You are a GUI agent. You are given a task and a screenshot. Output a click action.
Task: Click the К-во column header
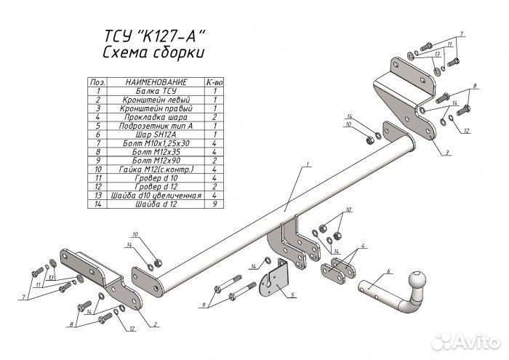(x=215, y=83)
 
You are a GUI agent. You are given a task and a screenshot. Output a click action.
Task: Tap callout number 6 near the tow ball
(x=389, y=271)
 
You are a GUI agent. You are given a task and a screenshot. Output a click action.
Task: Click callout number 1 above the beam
(x=308, y=166)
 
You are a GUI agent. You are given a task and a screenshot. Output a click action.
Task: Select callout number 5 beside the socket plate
(x=293, y=295)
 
